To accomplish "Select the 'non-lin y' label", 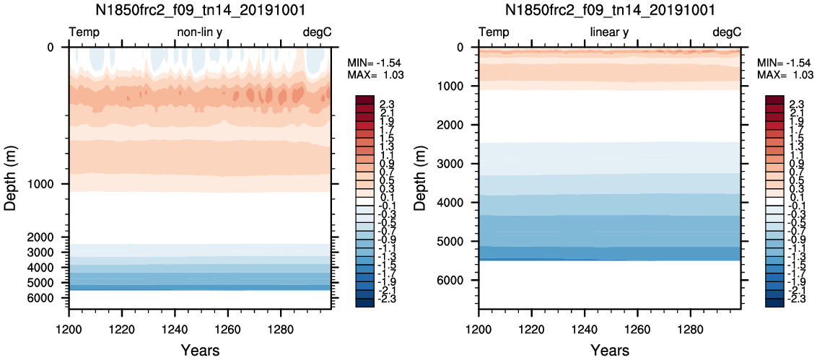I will click(200, 32).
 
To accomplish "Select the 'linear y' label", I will click(609, 32).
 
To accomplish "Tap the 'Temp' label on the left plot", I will click(84, 32).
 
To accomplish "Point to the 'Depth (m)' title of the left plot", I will click(11, 177).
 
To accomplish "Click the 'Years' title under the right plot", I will click(609, 351).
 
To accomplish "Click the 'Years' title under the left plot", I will click(200, 351).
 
